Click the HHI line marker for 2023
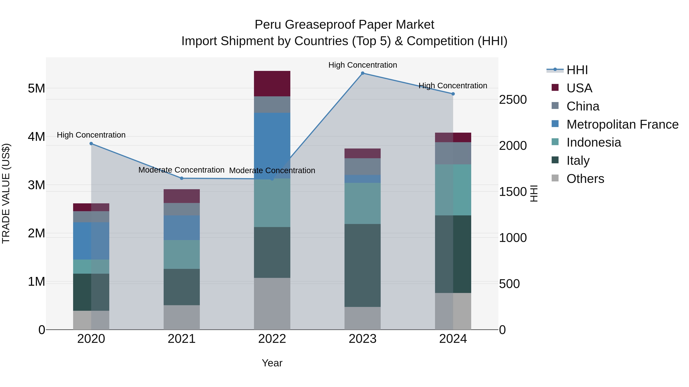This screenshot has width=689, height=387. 362,73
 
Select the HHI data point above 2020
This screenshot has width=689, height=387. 91,144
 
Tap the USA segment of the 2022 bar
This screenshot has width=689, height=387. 272,84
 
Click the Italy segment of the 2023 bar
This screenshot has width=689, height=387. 362,265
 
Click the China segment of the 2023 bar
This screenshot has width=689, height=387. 362,166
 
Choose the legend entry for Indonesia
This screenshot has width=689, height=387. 593,142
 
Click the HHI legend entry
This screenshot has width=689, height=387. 577,70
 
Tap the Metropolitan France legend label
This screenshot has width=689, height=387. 622,124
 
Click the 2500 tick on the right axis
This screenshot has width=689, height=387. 513,100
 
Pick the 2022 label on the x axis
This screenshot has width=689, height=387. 272,339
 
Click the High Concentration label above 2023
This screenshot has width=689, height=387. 362,65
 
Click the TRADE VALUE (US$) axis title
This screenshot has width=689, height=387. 6,193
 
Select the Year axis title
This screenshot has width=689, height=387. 272,363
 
